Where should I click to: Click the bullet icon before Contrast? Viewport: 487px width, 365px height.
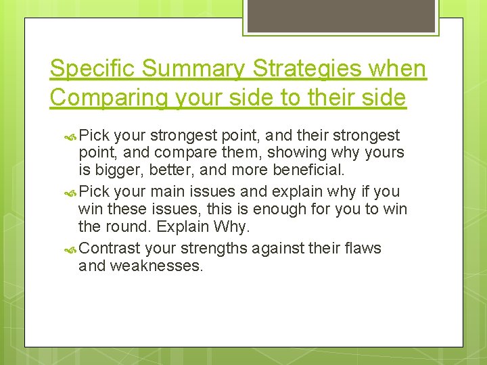71,249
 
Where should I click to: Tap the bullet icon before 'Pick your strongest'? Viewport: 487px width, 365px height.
71,136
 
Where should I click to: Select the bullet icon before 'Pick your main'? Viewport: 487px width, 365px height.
71,193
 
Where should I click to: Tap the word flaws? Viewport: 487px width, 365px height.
364,249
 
